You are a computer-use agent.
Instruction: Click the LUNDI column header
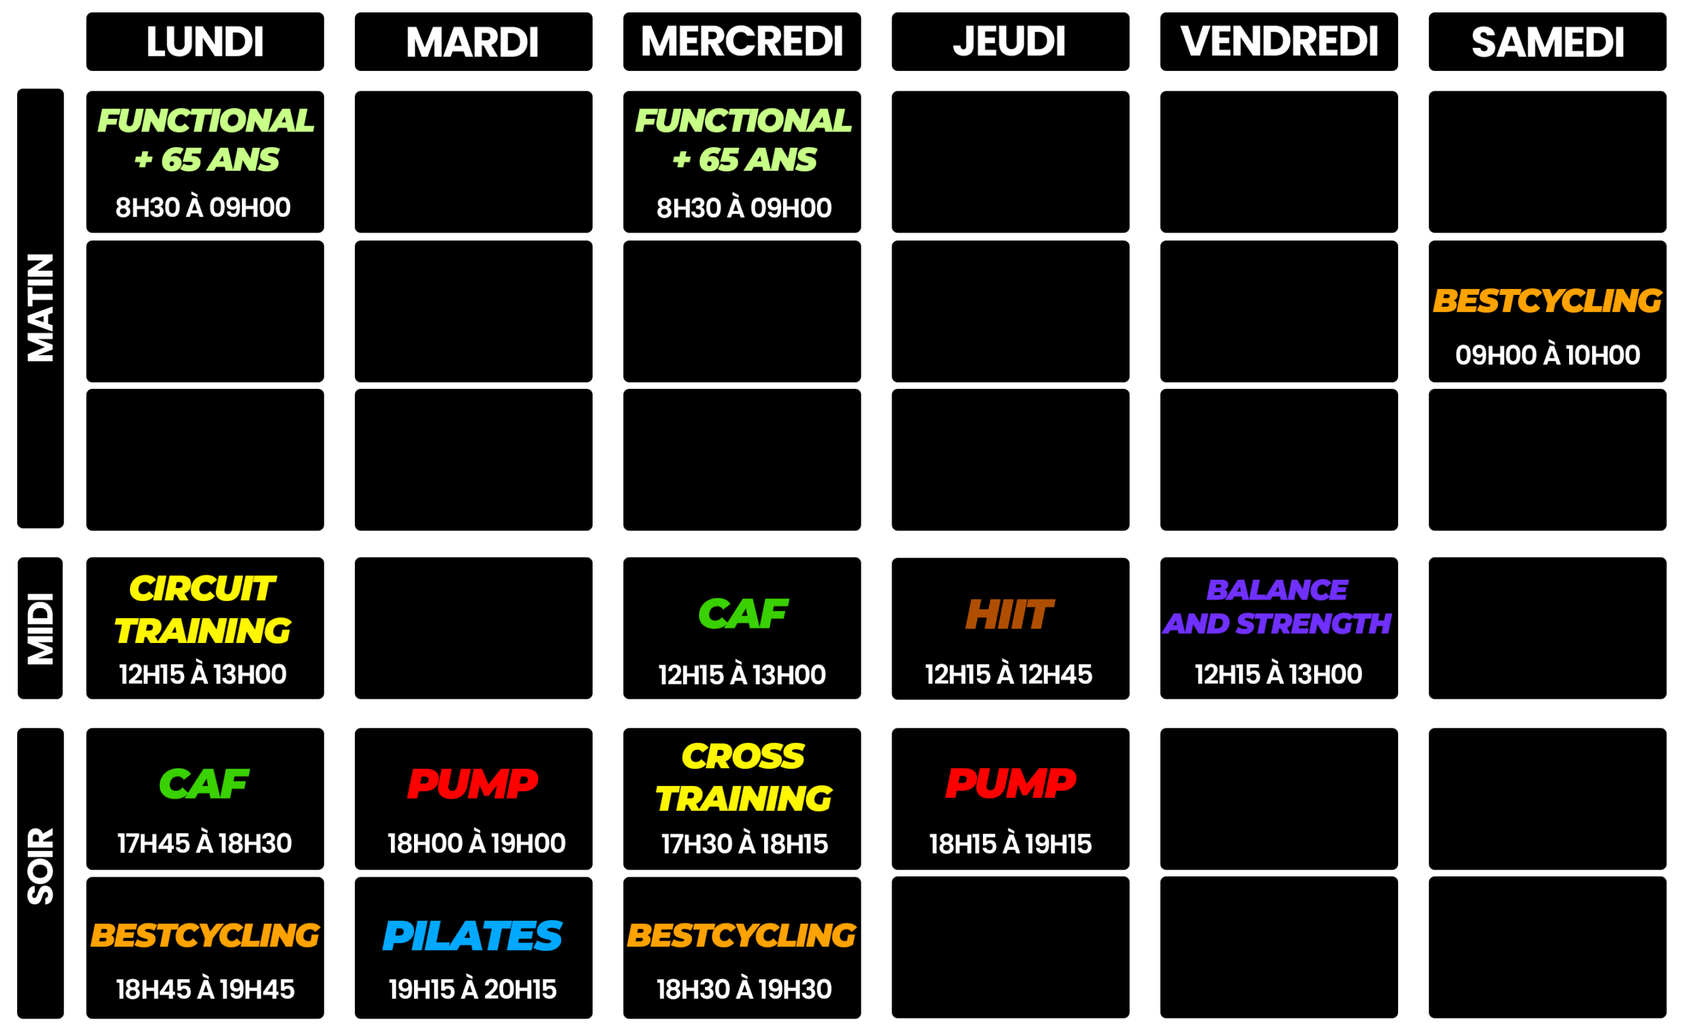pyautogui.click(x=204, y=41)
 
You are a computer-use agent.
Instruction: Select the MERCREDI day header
pyautogui.click(x=742, y=41)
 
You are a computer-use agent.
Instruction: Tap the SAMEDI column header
pyautogui.click(x=1547, y=41)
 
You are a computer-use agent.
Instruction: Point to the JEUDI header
pyautogui.click(x=1009, y=41)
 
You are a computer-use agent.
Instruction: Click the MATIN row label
pyautogui.click(x=40, y=307)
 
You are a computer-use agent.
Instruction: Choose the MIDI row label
pyautogui.click(x=40, y=628)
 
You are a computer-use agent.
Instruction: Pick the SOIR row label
pyautogui.click(x=40, y=866)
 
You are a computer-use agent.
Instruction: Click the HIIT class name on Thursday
pyautogui.click(x=1009, y=614)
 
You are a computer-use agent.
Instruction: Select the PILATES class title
pyautogui.click(x=472, y=936)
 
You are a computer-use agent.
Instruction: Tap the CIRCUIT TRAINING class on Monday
pyautogui.click(x=203, y=609)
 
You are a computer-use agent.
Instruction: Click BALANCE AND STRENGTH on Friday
pyautogui.click(x=1277, y=607)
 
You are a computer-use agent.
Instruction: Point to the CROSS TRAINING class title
pyautogui.click(x=744, y=778)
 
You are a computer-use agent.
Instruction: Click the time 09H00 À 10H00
pyautogui.click(x=1547, y=355)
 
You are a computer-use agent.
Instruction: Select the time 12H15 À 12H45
pyautogui.click(x=1009, y=674)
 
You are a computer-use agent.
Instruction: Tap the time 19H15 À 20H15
pyautogui.click(x=472, y=989)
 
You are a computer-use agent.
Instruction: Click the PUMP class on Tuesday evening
pyautogui.click(x=472, y=783)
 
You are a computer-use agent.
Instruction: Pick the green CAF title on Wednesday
pyautogui.click(x=743, y=613)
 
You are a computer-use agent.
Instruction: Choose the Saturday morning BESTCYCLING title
pyautogui.click(x=1547, y=301)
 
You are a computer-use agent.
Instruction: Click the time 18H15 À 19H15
pyautogui.click(x=1010, y=844)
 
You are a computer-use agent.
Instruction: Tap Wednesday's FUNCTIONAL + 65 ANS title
pyautogui.click(x=744, y=140)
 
